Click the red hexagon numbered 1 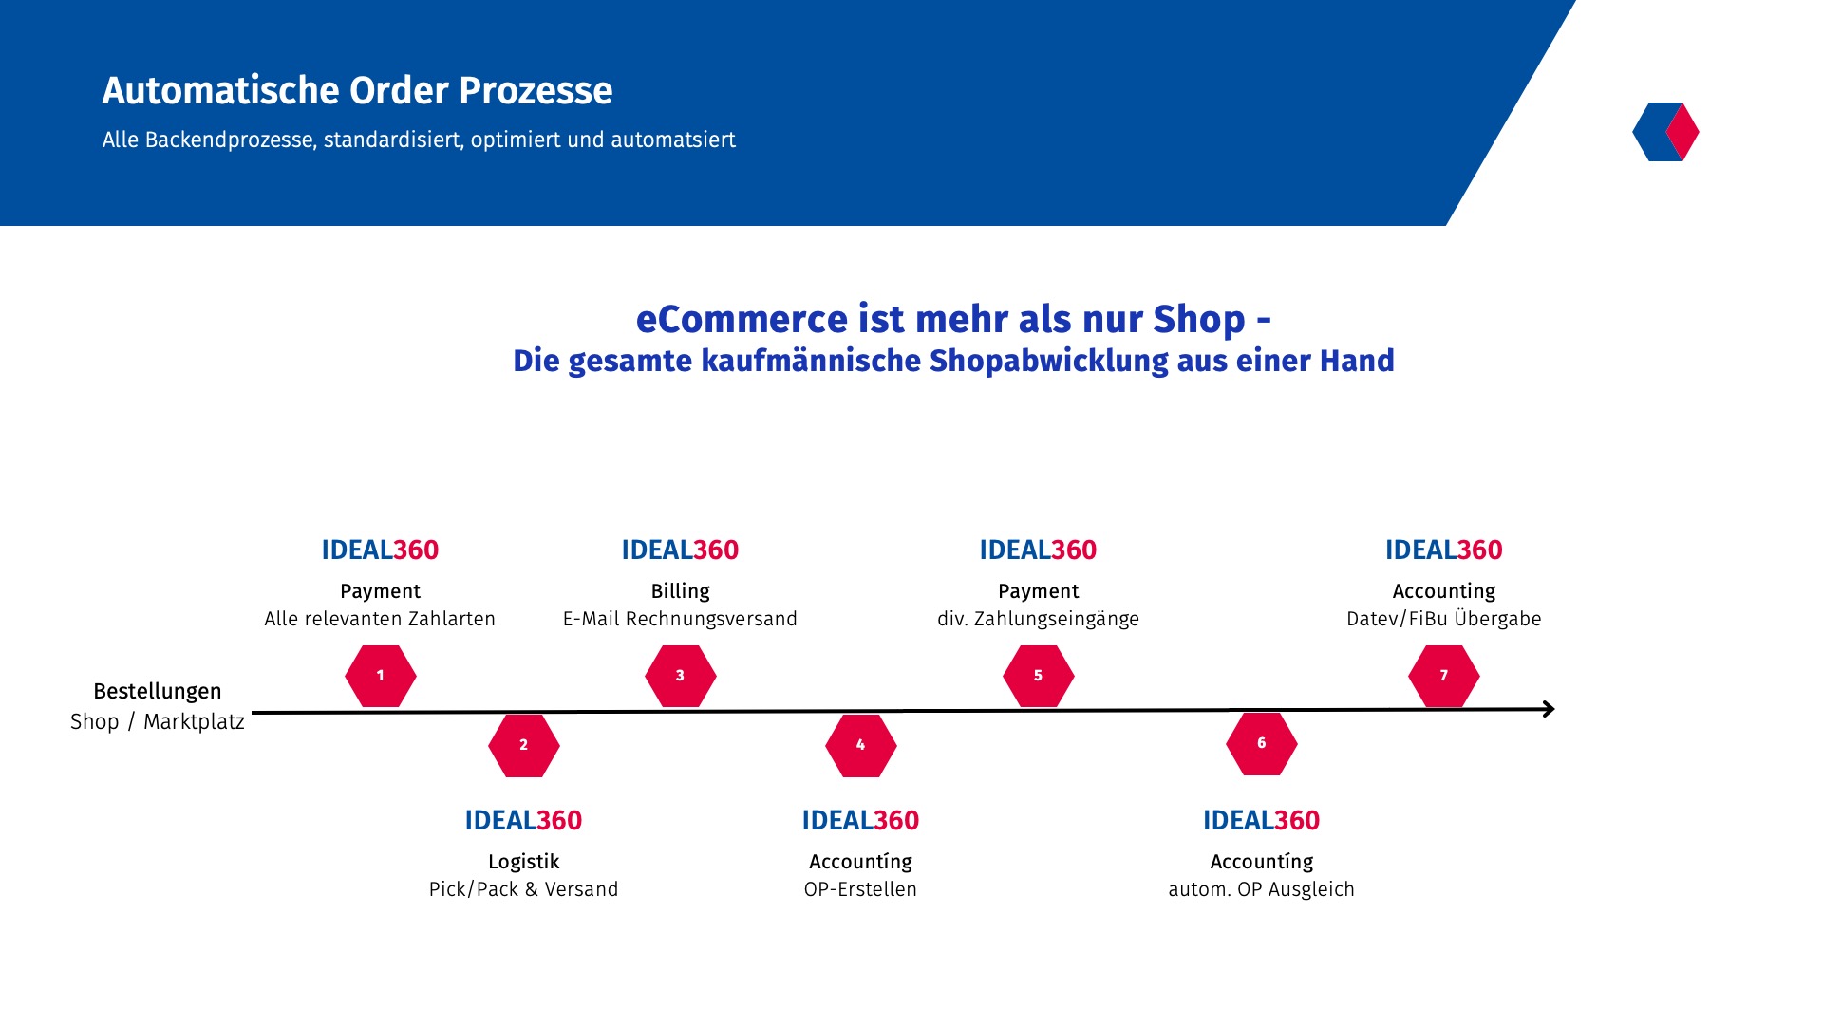pos(380,676)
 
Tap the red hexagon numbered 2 pos(523,745)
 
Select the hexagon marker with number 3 pos(680,676)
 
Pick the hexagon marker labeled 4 pos(860,745)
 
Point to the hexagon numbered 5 pos(1038,676)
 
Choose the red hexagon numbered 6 pos(1261,743)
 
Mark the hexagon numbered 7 pos(1443,676)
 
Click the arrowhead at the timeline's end pos(1550,709)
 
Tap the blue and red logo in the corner pos(1665,132)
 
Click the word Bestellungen pos(158,692)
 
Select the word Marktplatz pos(194,721)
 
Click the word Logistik pos(523,862)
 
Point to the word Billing pos(680,591)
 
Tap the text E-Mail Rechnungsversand pos(680,619)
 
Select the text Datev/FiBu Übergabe pos(1443,619)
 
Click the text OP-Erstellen pos(860,889)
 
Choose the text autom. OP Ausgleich pos(1261,889)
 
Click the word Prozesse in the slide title pos(536,90)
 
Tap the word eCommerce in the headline pos(742,319)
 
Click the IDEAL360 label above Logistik pos(523,820)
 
